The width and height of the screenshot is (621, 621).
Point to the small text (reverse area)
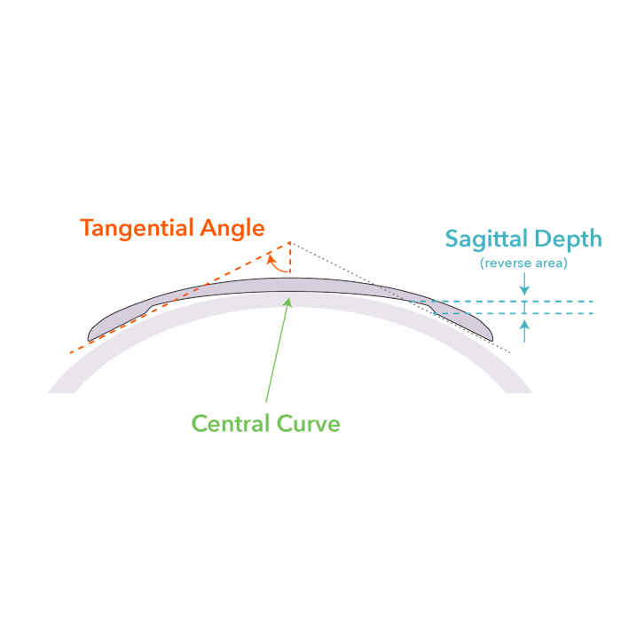[x=523, y=263]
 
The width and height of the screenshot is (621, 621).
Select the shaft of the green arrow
[x=276, y=355]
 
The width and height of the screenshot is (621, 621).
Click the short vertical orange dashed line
[x=290, y=259]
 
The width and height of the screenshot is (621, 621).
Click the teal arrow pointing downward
[x=524, y=285]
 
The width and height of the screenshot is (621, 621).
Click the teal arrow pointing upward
[x=524, y=330]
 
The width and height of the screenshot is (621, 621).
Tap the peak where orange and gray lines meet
[x=290, y=241]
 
